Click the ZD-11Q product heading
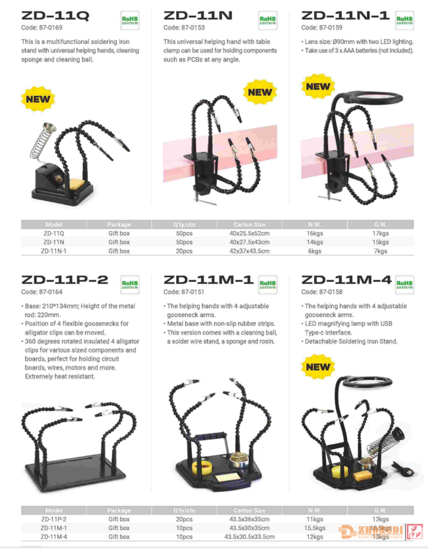(55, 16)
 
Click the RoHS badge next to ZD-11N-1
(404, 21)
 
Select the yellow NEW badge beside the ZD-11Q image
(38, 99)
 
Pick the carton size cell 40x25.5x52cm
(249, 233)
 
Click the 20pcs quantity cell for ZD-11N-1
(184, 251)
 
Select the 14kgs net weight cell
(315, 242)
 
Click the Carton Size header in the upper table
(249, 224)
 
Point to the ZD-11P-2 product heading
(65, 280)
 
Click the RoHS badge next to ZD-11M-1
(268, 284)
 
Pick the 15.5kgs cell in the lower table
(315, 528)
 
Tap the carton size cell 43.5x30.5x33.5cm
(249, 537)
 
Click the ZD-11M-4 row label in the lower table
(54, 537)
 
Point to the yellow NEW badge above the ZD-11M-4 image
(318, 367)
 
